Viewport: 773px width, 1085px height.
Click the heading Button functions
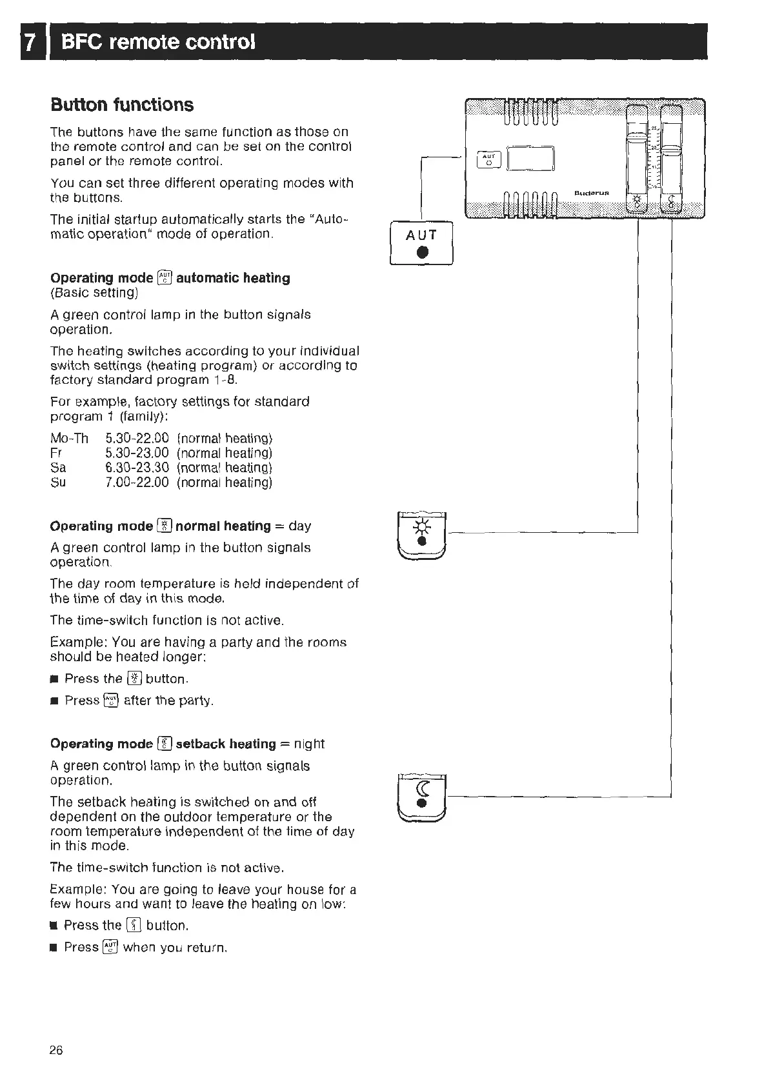pos(122,105)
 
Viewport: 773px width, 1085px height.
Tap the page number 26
pos(56,1050)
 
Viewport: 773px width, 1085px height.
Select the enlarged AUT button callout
pos(421,243)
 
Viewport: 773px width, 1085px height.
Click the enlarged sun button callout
pos(422,535)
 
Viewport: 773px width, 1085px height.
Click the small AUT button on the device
pos(488,159)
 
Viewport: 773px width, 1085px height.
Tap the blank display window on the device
pos(530,159)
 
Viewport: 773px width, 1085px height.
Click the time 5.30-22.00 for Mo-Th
pos(137,439)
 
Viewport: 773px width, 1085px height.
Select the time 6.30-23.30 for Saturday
pos(137,468)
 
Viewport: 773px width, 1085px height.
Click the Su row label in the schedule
pos(58,483)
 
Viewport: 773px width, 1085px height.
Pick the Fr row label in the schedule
pos(56,453)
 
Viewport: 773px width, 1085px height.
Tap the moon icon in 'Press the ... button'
pos(134,926)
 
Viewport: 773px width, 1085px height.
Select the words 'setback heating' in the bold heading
pos(225,744)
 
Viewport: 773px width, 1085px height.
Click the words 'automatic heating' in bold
pos(233,278)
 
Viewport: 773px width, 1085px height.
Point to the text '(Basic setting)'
pos(94,293)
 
